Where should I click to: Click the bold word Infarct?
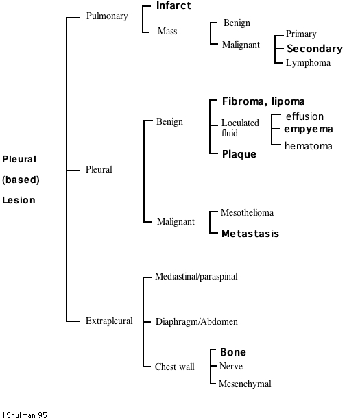click(x=173, y=6)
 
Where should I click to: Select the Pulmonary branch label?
click(x=107, y=16)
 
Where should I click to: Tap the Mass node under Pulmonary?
click(x=167, y=31)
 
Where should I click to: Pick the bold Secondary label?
click(x=314, y=49)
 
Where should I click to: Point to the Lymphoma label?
click(x=308, y=63)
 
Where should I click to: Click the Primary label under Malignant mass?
click(x=301, y=34)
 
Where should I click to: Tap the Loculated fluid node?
click(x=239, y=128)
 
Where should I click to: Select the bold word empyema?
click(x=309, y=129)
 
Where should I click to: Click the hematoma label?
click(x=309, y=145)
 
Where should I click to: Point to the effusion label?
click(x=304, y=116)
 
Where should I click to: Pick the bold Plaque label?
click(x=239, y=154)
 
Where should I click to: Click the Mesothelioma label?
click(x=247, y=213)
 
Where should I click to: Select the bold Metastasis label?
click(x=250, y=234)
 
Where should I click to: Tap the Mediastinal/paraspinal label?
click(x=197, y=276)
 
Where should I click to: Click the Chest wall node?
click(x=175, y=367)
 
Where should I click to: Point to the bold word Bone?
click(x=232, y=352)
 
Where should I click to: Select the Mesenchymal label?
click(x=244, y=384)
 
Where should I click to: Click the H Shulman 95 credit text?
click(x=24, y=415)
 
